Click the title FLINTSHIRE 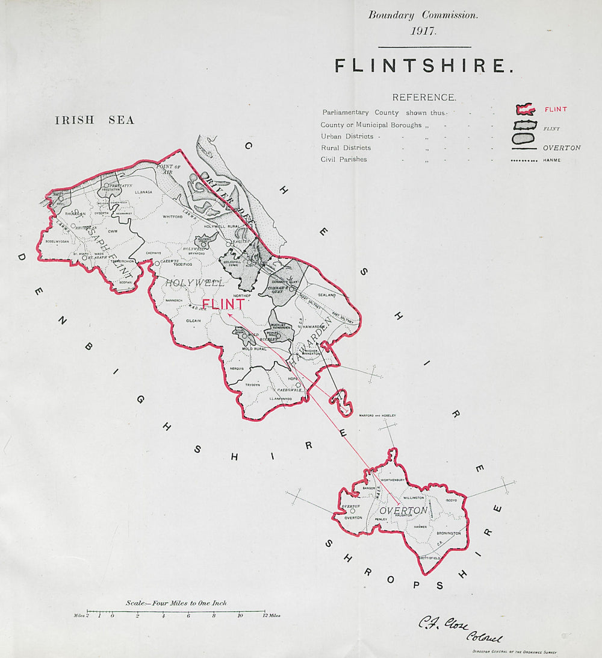click(424, 66)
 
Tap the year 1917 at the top click(423, 31)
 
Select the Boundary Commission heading click(423, 16)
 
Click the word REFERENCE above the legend click(424, 97)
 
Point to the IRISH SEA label click(95, 120)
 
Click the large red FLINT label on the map click(223, 305)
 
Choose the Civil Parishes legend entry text click(344, 160)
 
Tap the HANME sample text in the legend click(551, 160)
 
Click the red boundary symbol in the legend click(525, 110)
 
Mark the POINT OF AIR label click(169, 168)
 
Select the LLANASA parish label click(145, 192)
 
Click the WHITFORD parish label click(172, 216)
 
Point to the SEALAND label click(327, 295)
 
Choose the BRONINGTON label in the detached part click(448, 533)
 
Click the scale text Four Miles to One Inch click(176, 603)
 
